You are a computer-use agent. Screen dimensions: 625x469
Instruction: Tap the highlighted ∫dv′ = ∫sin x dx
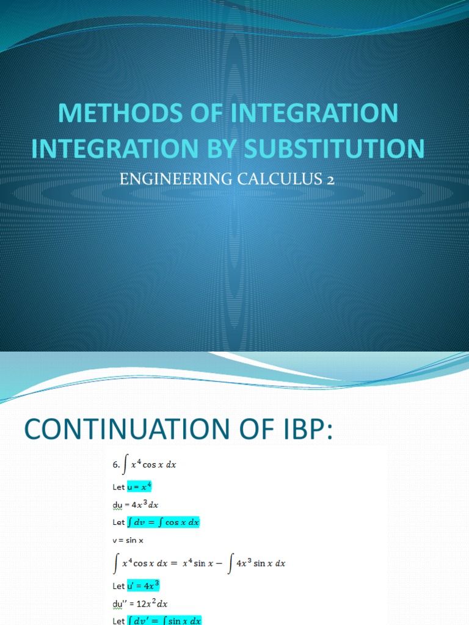(164, 620)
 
